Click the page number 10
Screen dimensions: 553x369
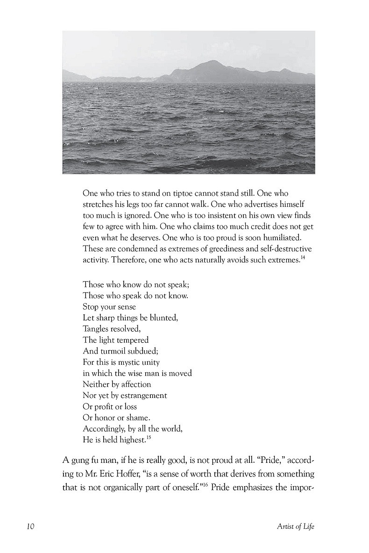(30, 527)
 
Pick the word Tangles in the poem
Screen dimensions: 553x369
(96, 329)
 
